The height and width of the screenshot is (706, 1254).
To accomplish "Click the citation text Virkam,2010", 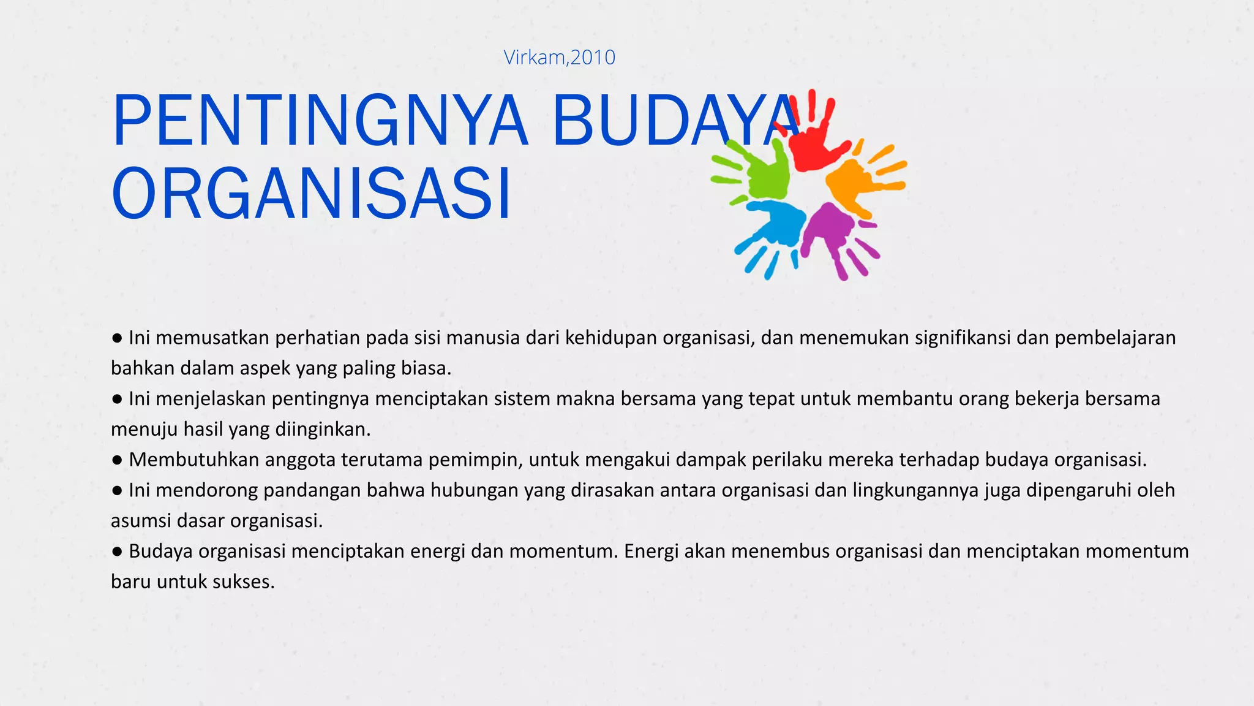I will point(559,57).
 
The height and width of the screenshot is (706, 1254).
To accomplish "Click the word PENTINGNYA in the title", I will point(319,121).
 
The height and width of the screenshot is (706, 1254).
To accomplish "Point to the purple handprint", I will point(833,237).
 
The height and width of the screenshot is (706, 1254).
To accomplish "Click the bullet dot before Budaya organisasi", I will point(117,552).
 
